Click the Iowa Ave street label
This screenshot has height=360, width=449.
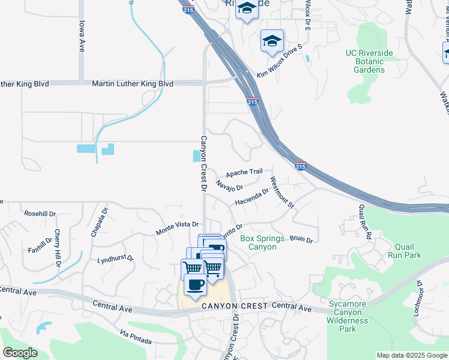pos(82,36)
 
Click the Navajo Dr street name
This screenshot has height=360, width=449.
pos(229,186)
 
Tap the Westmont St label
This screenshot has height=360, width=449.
pos(282,193)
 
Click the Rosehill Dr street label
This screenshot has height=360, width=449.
pos(40,214)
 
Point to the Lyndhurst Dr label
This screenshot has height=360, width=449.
pos(115,260)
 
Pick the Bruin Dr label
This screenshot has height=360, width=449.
pos(301,239)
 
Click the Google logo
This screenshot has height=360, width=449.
pos(20,353)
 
